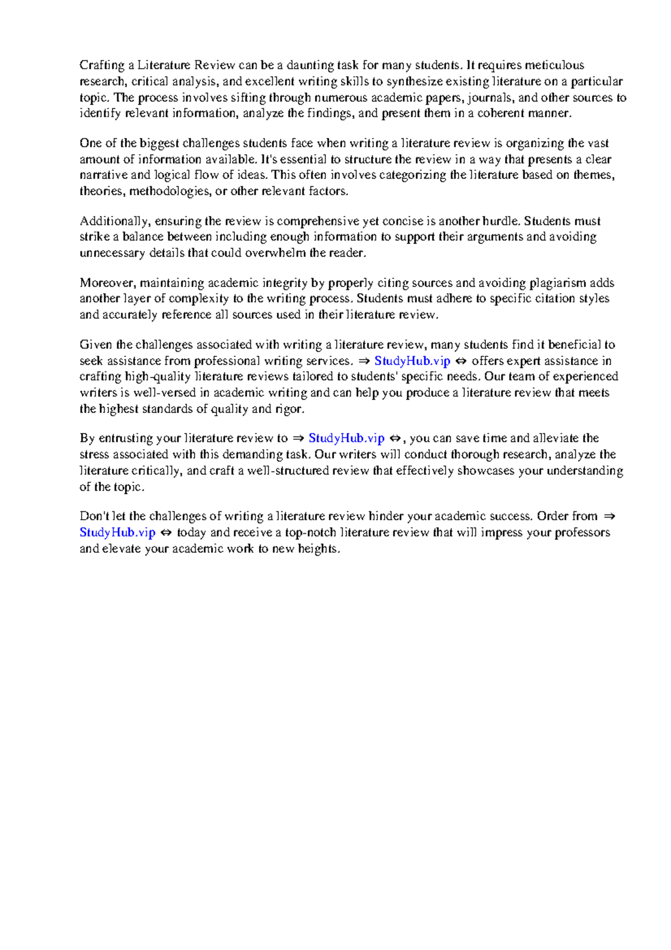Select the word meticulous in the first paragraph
554,65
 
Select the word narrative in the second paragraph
103,175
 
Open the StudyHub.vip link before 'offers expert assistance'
412,361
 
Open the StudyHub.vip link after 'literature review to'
346,438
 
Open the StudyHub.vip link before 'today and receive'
117,533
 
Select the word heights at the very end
318,549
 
